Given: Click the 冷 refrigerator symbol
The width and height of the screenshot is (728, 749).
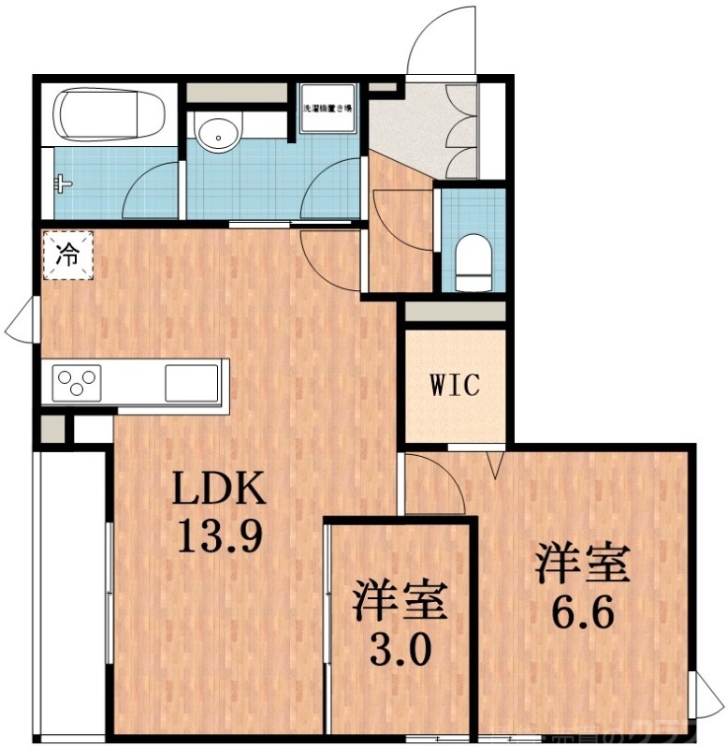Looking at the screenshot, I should point(68,253).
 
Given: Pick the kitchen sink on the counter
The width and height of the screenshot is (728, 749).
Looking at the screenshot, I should point(192,382).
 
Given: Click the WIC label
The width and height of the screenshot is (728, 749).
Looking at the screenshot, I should point(454,385).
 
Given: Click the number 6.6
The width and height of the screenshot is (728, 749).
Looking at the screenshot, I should point(581,613).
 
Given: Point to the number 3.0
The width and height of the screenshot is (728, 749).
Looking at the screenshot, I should point(398,647).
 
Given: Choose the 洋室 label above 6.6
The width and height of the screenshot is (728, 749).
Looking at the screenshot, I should point(581,565).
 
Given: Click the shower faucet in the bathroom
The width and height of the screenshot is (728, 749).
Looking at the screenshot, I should point(63,183).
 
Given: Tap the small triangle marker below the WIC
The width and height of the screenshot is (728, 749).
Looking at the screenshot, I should point(496,462).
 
